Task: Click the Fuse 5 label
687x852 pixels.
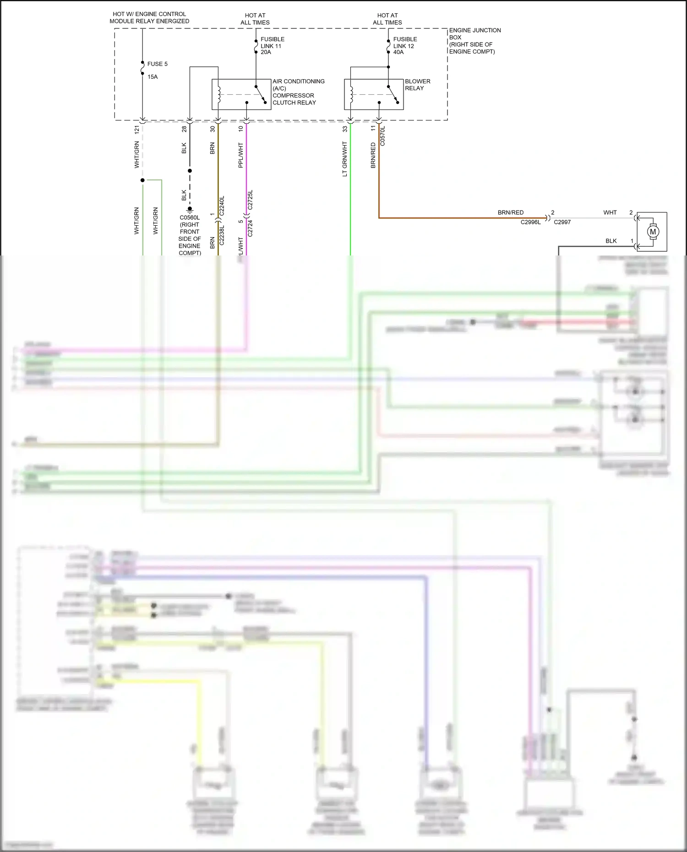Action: (157, 64)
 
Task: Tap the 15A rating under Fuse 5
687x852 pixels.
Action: (153, 77)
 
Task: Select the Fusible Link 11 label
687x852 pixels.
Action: (272, 43)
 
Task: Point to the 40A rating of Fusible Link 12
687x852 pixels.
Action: (398, 52)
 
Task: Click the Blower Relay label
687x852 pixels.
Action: (417, 85)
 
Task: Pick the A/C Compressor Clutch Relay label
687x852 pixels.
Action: (298, 92)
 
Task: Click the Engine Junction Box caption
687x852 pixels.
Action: (474, 41)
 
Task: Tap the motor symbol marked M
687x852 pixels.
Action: (653, 232)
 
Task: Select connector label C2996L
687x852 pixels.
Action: (530, 222)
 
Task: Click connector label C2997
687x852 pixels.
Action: (562, 222)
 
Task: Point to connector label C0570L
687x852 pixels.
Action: (383, 136)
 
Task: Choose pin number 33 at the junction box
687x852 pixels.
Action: (345, 129)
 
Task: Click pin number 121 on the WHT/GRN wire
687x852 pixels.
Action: (136, 130)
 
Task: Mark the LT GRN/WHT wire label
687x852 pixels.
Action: (345, 159)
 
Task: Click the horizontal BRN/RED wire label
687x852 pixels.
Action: (510, 212)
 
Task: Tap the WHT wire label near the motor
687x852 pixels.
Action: (610, 212)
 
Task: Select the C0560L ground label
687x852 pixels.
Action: (190, 218)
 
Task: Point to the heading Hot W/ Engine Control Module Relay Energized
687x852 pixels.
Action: (149, 17)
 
